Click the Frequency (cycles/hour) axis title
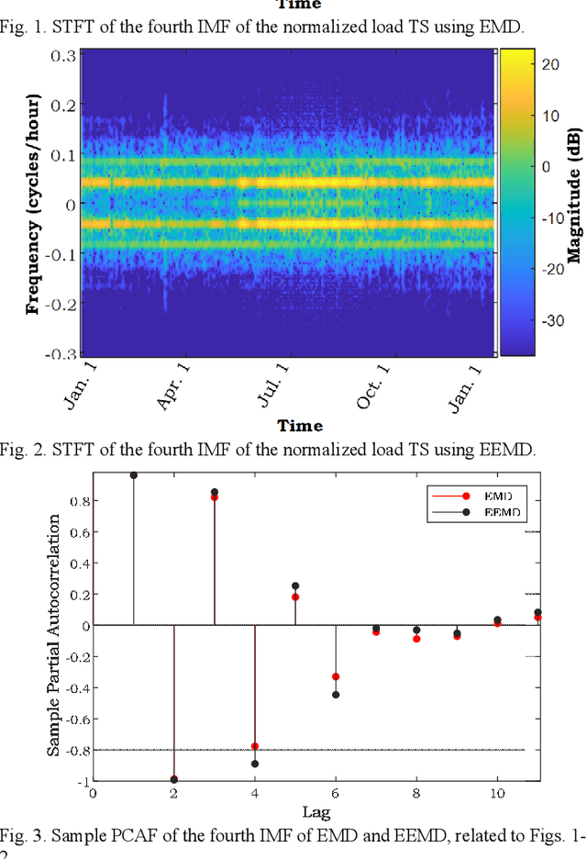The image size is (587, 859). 34,202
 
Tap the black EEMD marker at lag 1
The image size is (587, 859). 134,474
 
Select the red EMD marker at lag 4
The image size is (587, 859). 255,746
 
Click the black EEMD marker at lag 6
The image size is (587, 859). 336,695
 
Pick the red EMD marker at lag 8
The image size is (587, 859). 416,638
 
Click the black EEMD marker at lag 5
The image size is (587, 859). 295,586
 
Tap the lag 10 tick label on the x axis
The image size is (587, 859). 496,794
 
